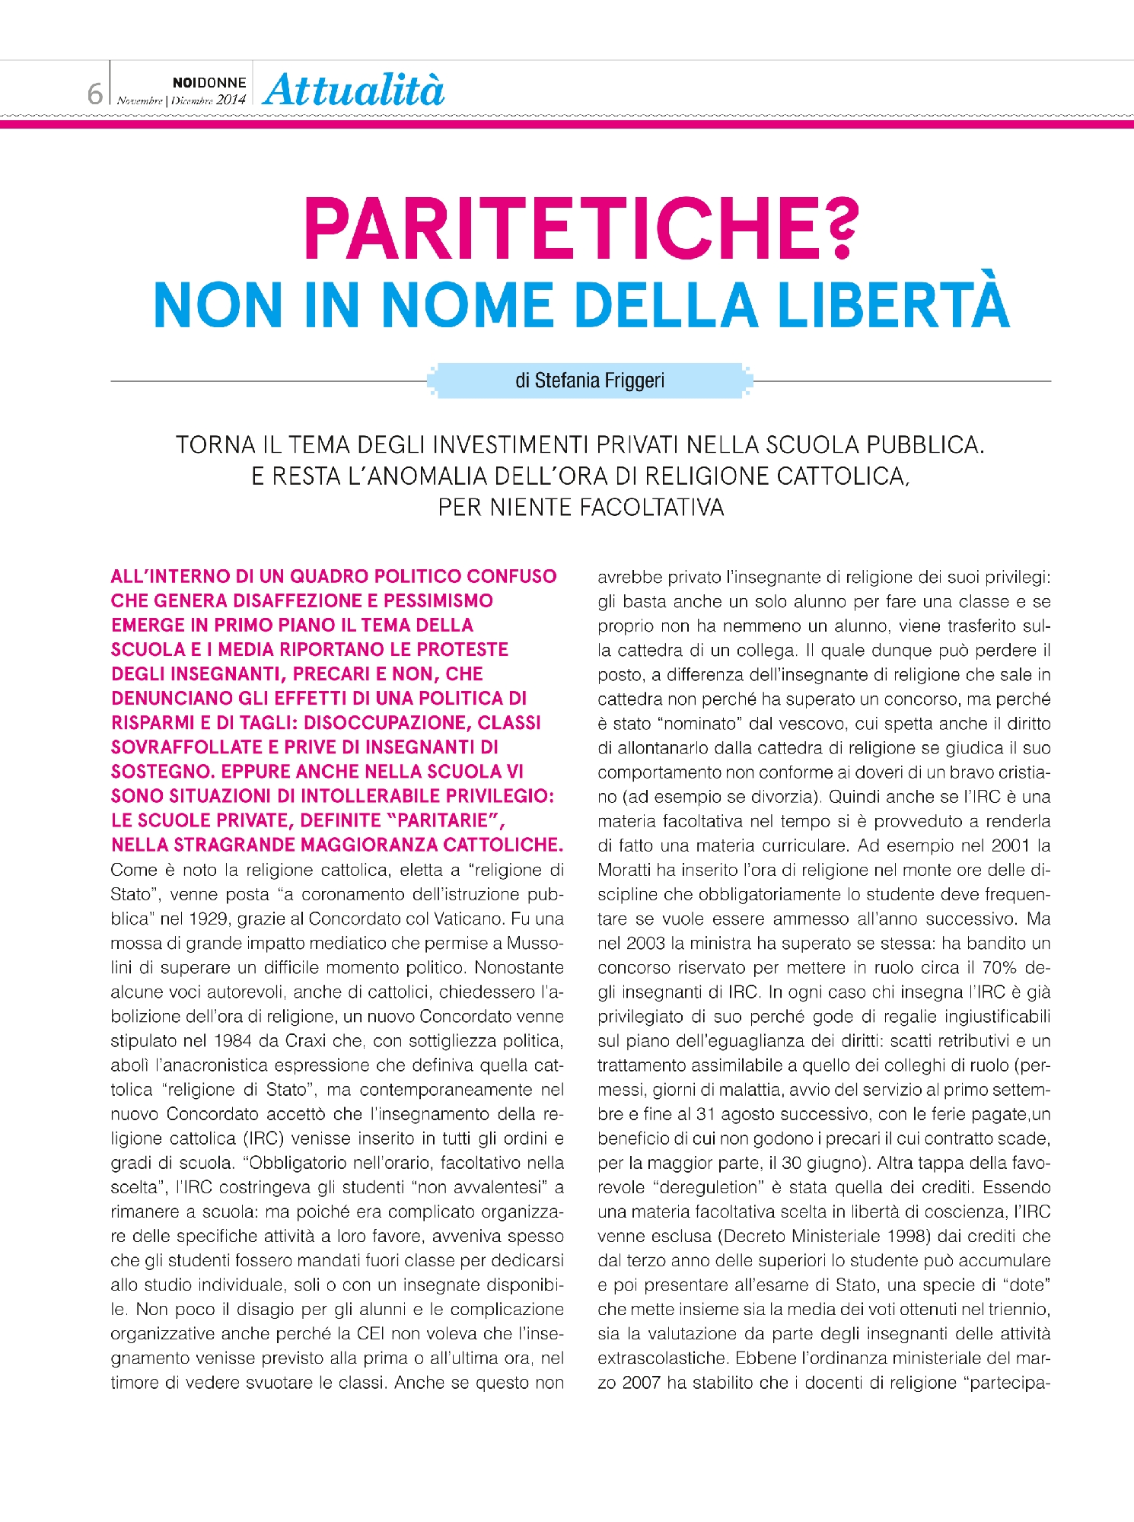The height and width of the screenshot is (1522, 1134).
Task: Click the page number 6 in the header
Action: (94, 94)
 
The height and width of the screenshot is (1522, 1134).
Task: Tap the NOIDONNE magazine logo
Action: (209, 82)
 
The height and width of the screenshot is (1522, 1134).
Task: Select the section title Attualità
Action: (354, 91)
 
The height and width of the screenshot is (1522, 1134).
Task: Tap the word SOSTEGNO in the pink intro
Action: (160, 772)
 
